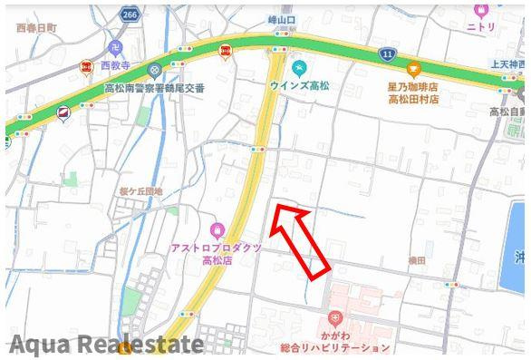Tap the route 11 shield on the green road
(x=387, y=54)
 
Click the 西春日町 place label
(x=35, y=28)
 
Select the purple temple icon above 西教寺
(x=115, y=48)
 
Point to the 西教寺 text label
(x=116, y=66)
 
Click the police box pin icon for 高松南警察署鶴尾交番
(x=155, y=70)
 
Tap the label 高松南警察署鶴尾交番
(x=154, y=88)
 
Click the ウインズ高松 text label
(x=299, y=84)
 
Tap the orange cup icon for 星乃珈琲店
(x=413, y=68)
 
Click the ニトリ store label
(x=481, y=27)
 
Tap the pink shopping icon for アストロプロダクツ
(x=216, y=230)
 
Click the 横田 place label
(x=417, y=260)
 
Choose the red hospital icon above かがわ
(x=334, y=317)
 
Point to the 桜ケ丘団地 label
(x=140, y=192)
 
